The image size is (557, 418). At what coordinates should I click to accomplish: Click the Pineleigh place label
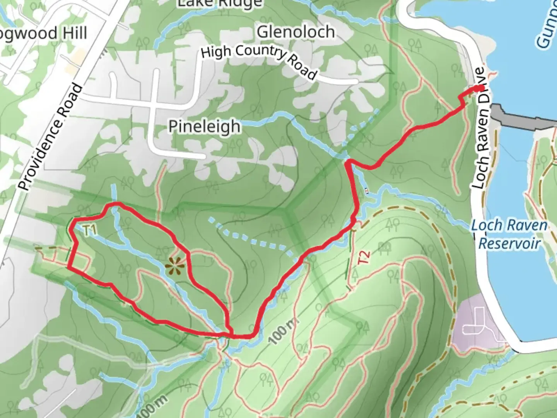coord(204,127)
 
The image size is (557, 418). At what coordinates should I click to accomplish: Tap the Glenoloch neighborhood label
coord(296,32)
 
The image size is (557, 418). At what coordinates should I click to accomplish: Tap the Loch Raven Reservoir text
coord(509,235)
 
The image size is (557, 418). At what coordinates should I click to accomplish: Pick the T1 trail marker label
coord(89,231)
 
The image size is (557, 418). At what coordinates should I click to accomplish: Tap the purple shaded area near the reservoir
coord(478,321)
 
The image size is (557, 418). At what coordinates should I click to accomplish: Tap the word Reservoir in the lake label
coord(509,244)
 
